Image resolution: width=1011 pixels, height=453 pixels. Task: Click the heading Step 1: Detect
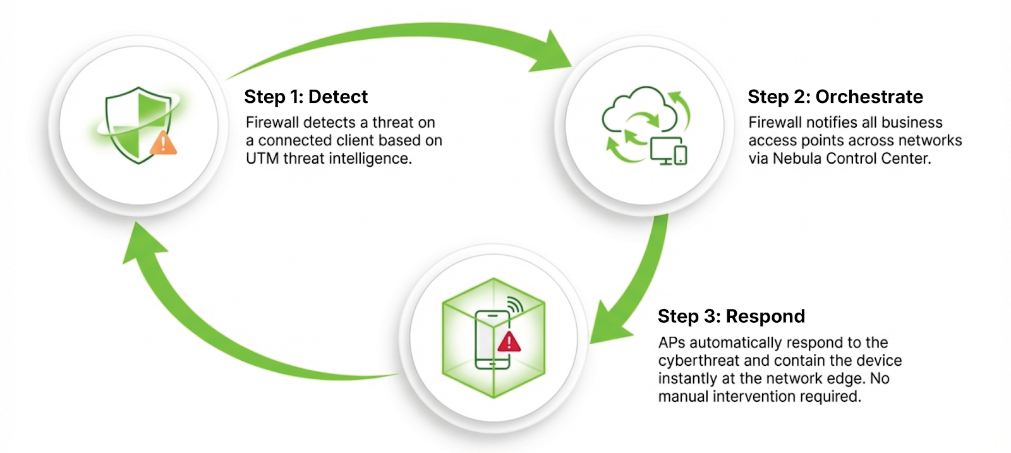(x=306, y=97)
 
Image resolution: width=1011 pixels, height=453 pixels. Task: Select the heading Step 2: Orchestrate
(x=835, y=97)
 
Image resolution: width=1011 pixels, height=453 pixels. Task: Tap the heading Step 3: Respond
(x=731, y=317)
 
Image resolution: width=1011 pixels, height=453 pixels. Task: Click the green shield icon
(x=136, y=123)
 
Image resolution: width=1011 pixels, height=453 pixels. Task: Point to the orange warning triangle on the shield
(x=164, y=143)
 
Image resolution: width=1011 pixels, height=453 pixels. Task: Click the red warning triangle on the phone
(x=509, y=342)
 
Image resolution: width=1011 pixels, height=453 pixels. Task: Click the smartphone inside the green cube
(x=492, y=340)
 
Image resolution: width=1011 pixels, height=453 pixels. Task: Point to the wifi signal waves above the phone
(x=515, y=305)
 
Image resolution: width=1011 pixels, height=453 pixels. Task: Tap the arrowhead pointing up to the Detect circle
(x=142, y=243)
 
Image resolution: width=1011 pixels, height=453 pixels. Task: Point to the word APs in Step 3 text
(x=672, y=343)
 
